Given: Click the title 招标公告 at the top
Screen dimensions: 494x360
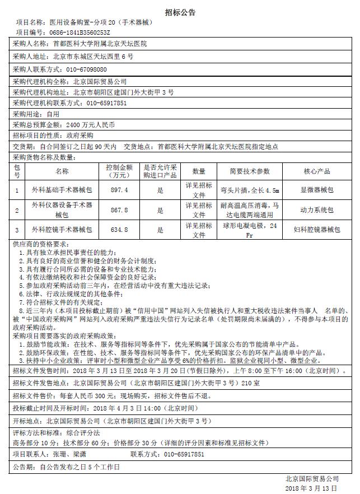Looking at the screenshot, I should (180, 12).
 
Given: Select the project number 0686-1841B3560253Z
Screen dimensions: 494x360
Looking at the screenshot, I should (80, 33).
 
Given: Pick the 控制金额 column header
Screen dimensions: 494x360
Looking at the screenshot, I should (119, 171).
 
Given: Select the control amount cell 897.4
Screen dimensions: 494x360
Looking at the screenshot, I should (119, 190).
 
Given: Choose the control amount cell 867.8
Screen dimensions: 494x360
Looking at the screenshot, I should (119, 210).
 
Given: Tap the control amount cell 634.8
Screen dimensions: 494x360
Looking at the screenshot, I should (119, 230).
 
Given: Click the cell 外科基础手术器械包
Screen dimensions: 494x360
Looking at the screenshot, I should (62, 190).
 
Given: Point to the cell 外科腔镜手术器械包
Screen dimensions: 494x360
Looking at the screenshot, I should (62, 230).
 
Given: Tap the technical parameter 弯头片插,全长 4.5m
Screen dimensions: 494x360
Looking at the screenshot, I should (250, 190).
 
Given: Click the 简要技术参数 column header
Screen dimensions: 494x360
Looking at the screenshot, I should (250, 171).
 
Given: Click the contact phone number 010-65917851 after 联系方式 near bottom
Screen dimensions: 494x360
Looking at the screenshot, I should (184, 454).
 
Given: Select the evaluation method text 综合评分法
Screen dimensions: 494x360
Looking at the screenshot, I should (82, 433).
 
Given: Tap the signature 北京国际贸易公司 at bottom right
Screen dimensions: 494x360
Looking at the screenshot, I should (312, 479).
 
